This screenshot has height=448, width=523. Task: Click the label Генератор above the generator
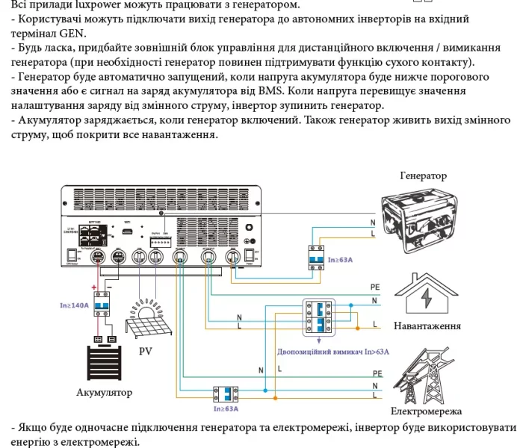tap(423, 176)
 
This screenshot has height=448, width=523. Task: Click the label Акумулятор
tap(105, 392)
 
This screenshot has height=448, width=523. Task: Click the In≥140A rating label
tap(75, 305)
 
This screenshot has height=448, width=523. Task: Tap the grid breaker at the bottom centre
tap(225, 393)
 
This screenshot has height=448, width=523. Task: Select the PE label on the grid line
tap(377, 372)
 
